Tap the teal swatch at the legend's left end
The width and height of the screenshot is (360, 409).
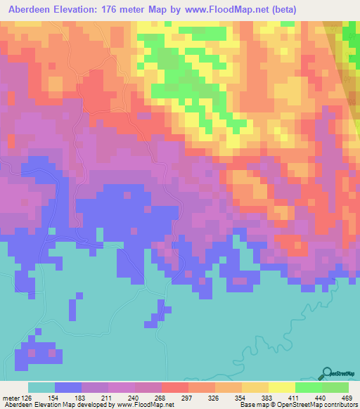click(x=41, y=387)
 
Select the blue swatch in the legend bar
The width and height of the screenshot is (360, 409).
click(x=68, y=387)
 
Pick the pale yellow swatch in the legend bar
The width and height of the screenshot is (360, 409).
click(x=282, y=387)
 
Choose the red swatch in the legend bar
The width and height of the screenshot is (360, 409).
click(x=175, y=387)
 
